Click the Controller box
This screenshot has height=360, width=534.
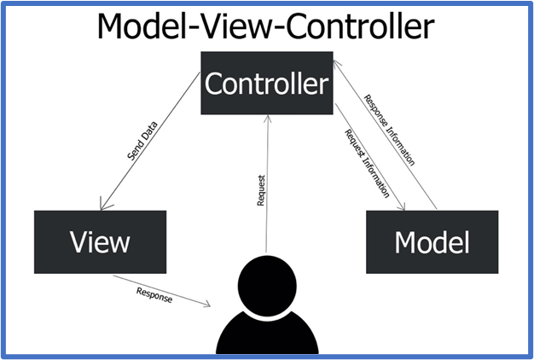[267, 83]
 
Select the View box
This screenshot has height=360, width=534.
[100, 241]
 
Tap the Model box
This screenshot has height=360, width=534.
[432, 241]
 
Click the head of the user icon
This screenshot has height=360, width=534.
[267, 286]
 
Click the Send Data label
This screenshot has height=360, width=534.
[142, 141]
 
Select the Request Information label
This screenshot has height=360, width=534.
[367, 164]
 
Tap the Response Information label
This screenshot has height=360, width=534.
[390, 131]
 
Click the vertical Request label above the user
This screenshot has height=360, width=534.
[261, 190]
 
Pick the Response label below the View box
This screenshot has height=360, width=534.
[154, 295]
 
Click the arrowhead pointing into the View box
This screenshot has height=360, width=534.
[103, 206]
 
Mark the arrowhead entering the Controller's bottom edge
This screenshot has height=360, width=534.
[268, 119]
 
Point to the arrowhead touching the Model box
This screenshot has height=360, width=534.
[402, 206]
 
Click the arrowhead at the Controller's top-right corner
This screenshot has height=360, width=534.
[336, 64]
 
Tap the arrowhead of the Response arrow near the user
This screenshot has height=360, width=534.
[206, 304]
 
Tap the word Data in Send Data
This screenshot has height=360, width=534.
[149, 131]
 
